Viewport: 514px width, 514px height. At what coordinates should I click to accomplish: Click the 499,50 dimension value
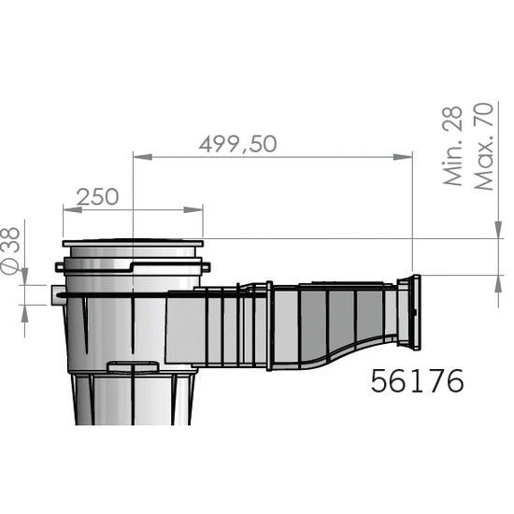click(238, 144)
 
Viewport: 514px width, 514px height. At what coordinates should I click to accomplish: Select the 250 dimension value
click(97, 196)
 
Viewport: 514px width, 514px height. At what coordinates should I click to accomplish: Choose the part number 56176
click(417, 381)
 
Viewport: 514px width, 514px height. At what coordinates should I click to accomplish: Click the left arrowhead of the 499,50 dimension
click(139, 157)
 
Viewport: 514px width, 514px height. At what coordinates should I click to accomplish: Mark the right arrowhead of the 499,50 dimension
click(407, 157)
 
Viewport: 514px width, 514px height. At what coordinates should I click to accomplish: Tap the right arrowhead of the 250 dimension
click(197, 209)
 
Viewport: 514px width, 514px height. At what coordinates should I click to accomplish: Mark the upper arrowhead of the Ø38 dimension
click(24, 277)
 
